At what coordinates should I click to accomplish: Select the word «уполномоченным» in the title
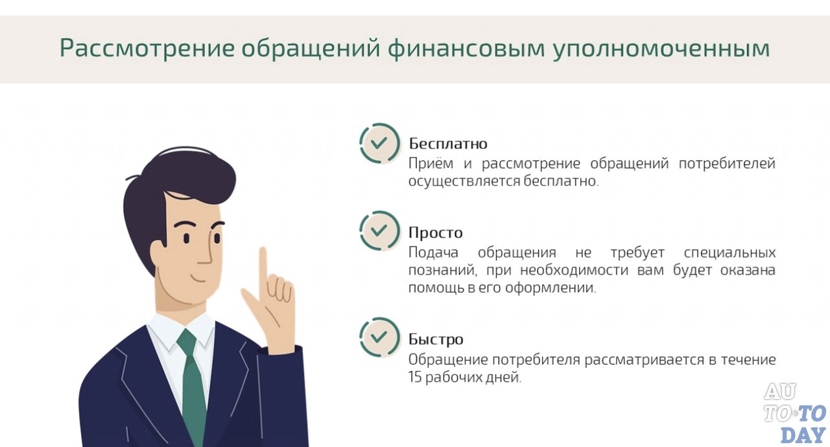[661, 49]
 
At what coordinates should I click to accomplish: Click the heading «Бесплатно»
[448, 143]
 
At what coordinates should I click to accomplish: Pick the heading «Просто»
[436, 232]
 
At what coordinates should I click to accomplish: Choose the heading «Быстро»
[436, 339]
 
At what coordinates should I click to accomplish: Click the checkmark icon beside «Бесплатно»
[379, 143]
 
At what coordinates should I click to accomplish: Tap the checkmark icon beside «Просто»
[379, 231]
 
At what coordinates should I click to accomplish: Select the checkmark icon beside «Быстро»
[379, 337]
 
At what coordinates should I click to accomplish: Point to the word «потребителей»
[727, 163]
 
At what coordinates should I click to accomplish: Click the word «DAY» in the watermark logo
[803, 434]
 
